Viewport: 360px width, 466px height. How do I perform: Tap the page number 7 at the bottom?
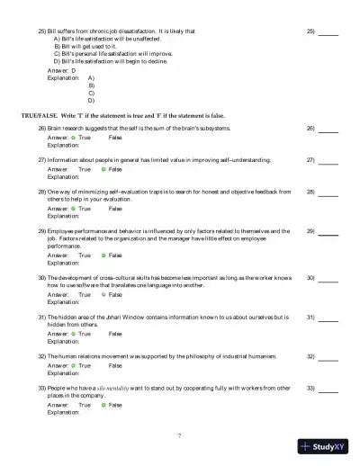[x=180, y=436]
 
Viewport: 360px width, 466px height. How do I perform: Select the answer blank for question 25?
[x=328, y=31]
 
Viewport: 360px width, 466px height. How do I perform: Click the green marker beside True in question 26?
[x=73, y=138]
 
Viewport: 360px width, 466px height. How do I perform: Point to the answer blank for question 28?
[x=328, y=193]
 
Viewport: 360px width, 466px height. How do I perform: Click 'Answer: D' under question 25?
[x=61, y=69]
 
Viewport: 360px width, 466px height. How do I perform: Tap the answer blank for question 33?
[x=328, y=389]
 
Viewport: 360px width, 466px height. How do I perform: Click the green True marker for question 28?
[x=73, y=208]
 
